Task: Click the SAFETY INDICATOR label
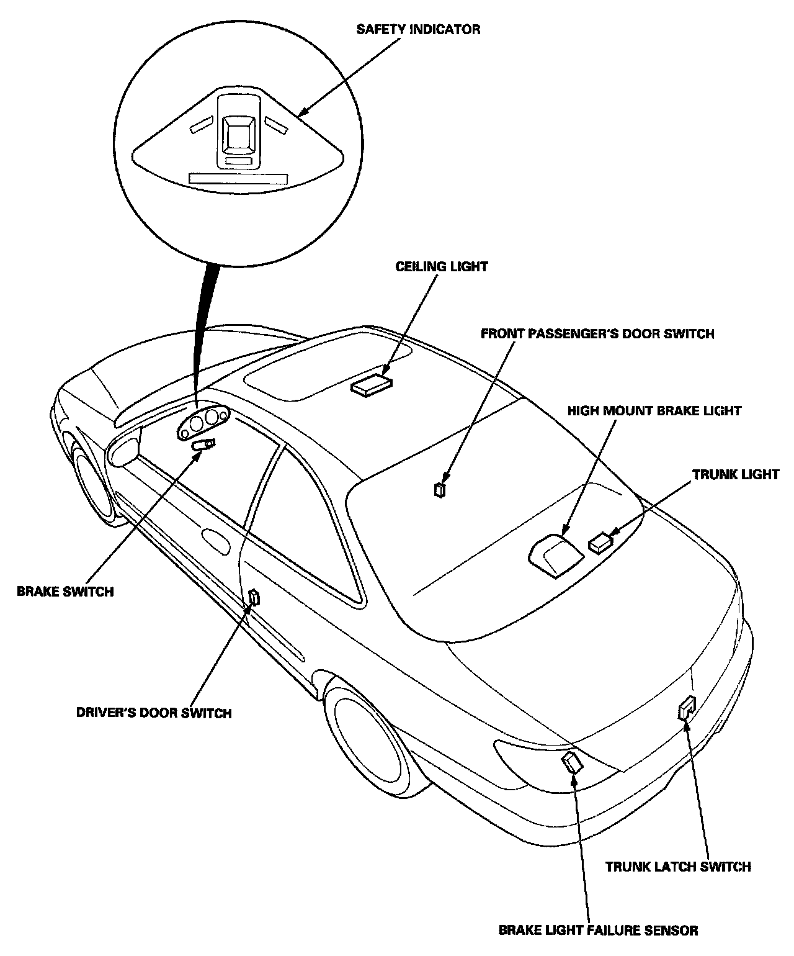(x=417, y=29)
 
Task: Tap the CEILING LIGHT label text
(x=442, y=267)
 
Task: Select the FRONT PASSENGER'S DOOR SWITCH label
(x=597, y=334)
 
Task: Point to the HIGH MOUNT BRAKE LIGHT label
(x=654, y=411)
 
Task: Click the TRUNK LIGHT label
(x=735, y=474)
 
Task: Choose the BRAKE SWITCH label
(x=65, y=592)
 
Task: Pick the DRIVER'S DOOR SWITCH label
(x=153, y=713)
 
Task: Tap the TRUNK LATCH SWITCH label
(x=678, y=867)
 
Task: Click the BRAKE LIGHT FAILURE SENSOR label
(x=598, y=931)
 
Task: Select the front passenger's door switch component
(x=440, y=490)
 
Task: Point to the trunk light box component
(x=600, y=543)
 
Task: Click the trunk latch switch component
(x=686, y=708)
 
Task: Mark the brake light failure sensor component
(x=572, y=761)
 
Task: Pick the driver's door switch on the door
(x=254, y=598)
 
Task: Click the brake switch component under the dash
(x=204, y=444)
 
